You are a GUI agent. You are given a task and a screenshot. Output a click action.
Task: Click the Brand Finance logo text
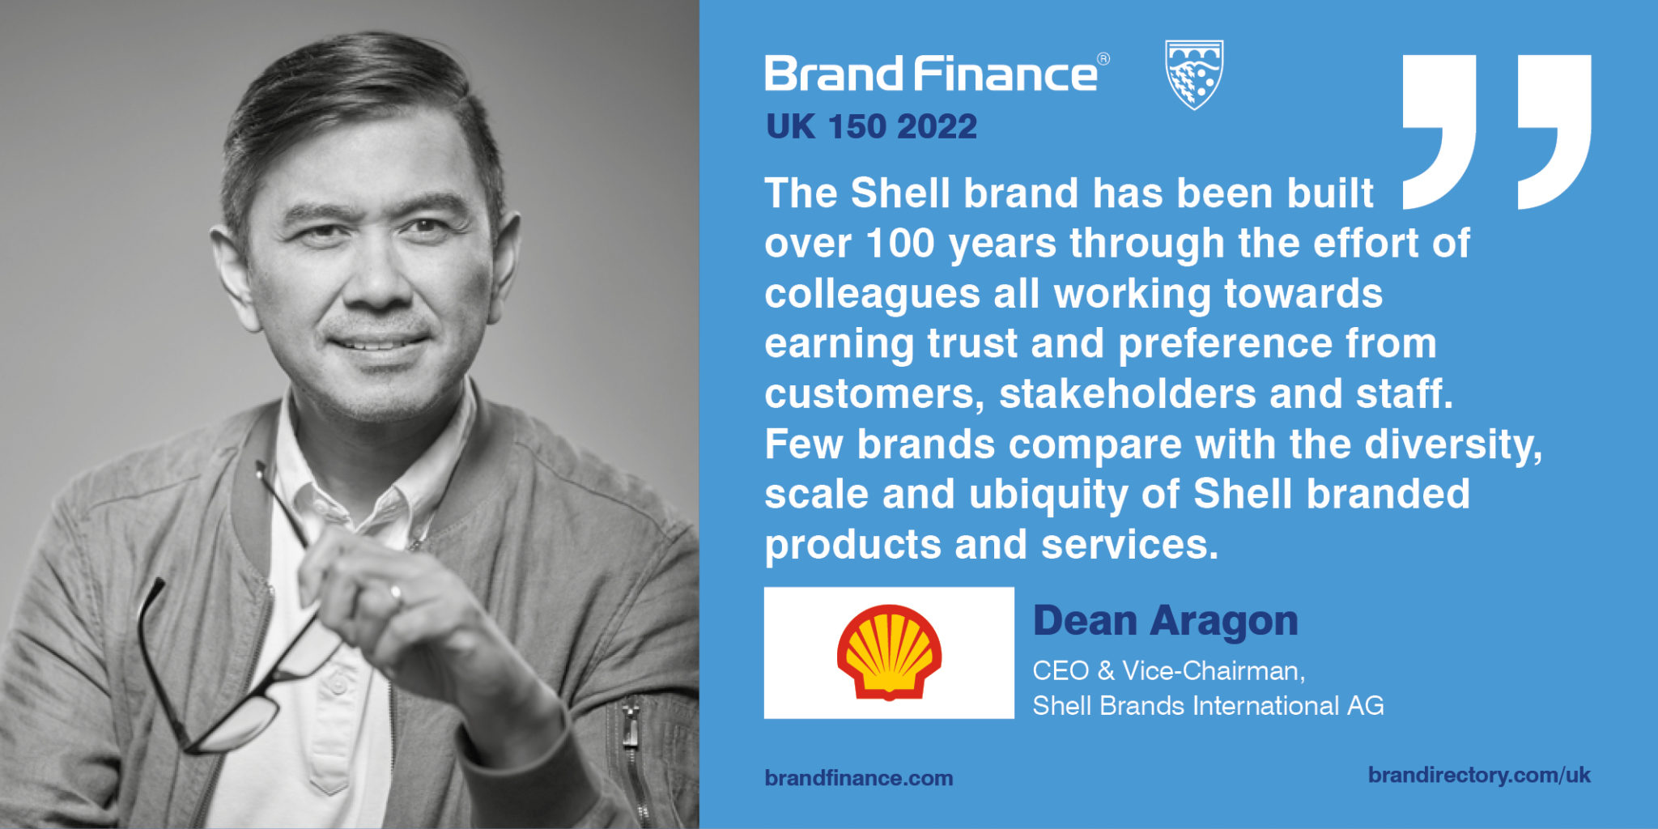pos(931,74)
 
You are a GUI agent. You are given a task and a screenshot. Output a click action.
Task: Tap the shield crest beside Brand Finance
pos(1193,74)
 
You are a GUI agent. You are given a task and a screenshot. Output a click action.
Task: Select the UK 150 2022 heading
pos(871,127)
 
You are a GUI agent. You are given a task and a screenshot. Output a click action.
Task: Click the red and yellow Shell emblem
pos(889,653)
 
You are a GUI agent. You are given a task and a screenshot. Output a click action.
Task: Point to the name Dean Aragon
pos(1165,622)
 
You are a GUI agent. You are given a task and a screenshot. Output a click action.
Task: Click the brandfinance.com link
pos(858,778)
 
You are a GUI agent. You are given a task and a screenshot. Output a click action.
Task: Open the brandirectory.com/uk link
pos(1479,775)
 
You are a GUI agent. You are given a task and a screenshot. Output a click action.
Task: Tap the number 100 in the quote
pos(899,244)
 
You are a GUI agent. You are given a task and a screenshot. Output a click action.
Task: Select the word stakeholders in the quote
pos(1127,394)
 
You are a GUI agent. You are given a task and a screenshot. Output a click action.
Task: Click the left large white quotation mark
pos(1439,130)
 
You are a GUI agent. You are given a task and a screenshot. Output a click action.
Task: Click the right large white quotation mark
pos(1554,130)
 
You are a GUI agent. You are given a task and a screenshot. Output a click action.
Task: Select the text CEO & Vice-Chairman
pos(1168,671)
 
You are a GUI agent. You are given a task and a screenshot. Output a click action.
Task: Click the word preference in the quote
pos(1224,344)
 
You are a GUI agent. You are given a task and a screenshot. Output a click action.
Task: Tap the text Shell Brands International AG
pos(1208,706)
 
